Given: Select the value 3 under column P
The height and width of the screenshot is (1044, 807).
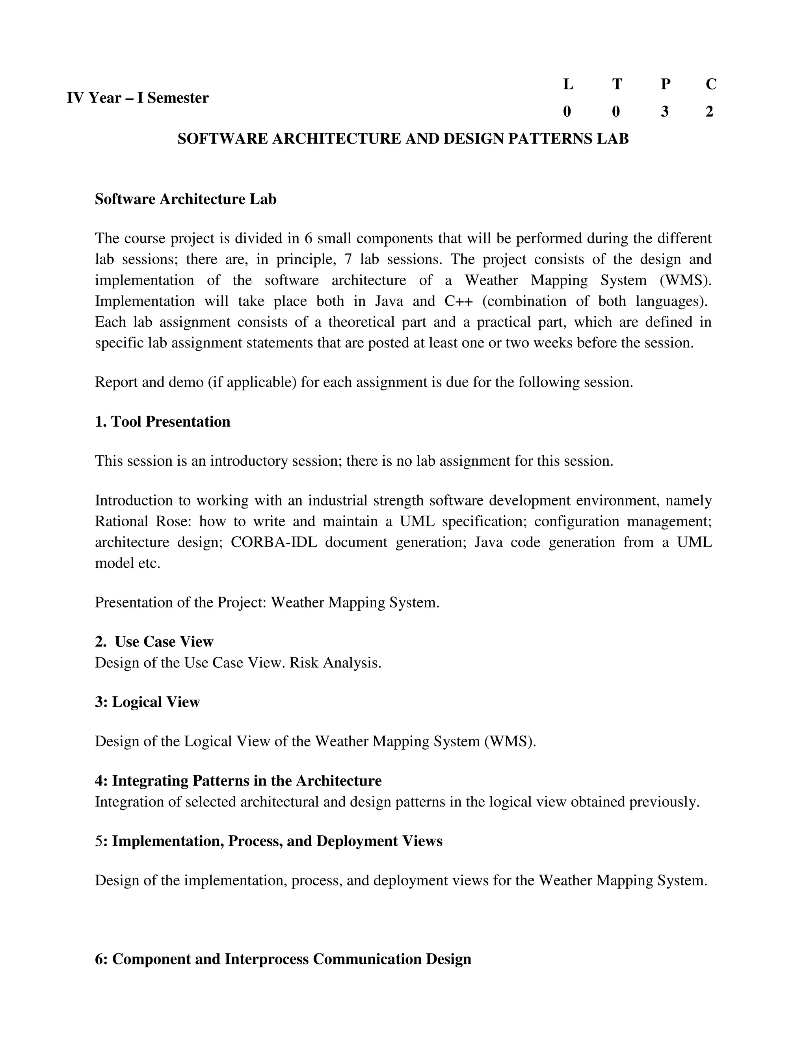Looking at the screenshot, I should (664, 112).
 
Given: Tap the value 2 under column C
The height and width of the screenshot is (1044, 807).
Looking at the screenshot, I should (709, 112).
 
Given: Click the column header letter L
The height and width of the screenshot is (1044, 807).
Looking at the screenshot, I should (568, 84).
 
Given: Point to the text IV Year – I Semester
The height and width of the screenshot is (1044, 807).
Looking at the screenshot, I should (138, 98).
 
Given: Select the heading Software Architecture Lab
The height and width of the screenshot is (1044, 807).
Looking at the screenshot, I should (186, 199).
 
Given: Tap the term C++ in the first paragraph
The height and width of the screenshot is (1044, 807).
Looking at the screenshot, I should (459, 301).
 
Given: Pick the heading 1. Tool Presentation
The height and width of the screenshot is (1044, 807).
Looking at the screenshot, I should (163, 422).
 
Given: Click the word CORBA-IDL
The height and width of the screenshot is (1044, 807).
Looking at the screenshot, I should (273, 542).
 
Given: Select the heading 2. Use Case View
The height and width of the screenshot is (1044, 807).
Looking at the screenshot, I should (154, 641).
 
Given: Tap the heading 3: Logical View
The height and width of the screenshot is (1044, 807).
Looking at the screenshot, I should (147, 702).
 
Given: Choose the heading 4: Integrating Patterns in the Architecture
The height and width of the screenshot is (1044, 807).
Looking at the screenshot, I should (238, 780).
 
